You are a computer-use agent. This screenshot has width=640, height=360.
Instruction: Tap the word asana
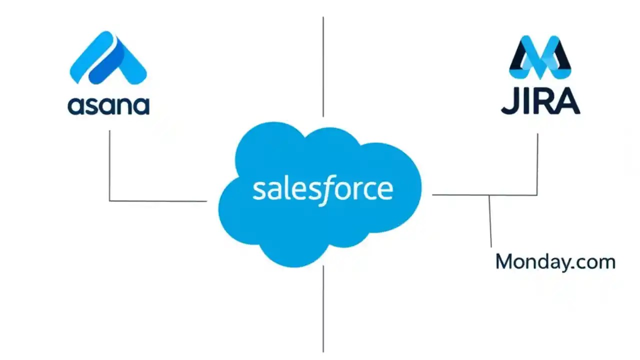click(108, 105)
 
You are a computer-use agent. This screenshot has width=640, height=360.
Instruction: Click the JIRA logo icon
click(540, 57)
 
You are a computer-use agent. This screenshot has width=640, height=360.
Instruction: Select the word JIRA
click(540, 102)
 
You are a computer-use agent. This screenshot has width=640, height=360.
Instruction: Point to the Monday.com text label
click(555, 262)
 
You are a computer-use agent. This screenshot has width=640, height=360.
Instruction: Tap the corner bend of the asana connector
click(110, 200)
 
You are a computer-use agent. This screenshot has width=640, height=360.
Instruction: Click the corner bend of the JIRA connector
click(537, 194)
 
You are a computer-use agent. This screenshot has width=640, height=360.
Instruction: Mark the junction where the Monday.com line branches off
click(489, 195)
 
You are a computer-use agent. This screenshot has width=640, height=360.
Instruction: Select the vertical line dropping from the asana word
click(109, 165)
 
